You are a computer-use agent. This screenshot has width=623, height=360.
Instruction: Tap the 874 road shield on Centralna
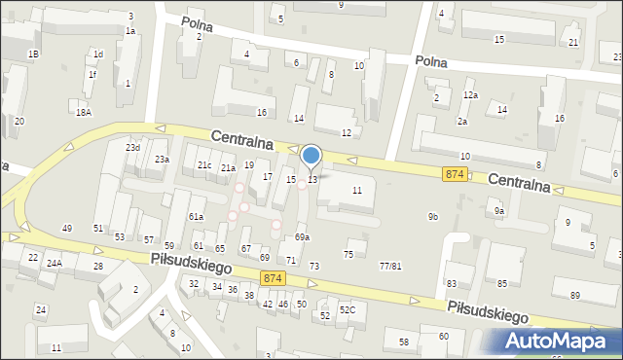pyautogui.click(x=455, y=173)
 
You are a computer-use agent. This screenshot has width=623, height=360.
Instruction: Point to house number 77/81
pyautogui.click(x=390, y=266)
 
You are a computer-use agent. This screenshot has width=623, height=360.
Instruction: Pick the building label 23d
pyautogui.click(x=132, y=148)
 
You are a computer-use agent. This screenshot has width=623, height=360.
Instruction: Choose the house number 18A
pyautogui.click(x=84, y=113)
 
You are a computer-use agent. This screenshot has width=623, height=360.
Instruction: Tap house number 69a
pyautogui.click(x=303, y=237)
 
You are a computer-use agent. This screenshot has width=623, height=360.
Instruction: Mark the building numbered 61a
pyautogui.click(x=196, y=216)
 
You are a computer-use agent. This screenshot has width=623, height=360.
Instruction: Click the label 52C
pyautogui.click(x=348, y=309)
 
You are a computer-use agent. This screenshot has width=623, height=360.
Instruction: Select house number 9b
pyautogui.click(x=432, y=216)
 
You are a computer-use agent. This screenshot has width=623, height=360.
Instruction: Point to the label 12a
pyautogui.click(x=471, y=94)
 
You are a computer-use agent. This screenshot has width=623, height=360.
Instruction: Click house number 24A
pyautogui.click(x=55, y=263)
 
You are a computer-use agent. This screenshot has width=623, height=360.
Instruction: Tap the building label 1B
pyautogui.click(x=33, y=54)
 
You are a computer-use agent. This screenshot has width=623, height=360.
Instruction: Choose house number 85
pyautogui.click(x=502, y=283)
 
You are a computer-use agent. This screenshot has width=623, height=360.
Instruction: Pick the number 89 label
pyautogui.click(x=575, y=295)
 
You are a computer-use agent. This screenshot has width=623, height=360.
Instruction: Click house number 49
pyautogui.click(x=67, y=228)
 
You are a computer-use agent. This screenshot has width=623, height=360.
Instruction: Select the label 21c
pyautogui.click(x=204, y=165)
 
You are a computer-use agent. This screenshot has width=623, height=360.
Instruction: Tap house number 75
pyautogui.click(x=348, y=254)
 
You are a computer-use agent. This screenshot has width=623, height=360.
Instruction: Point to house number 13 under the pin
pyautogui.click(x=312, y=179)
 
